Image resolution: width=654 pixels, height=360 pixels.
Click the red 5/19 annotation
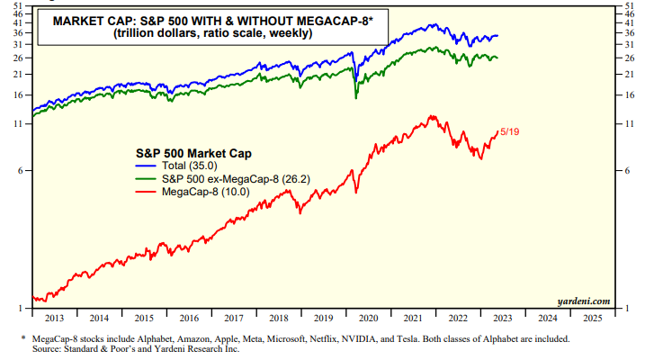click(509, 131)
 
